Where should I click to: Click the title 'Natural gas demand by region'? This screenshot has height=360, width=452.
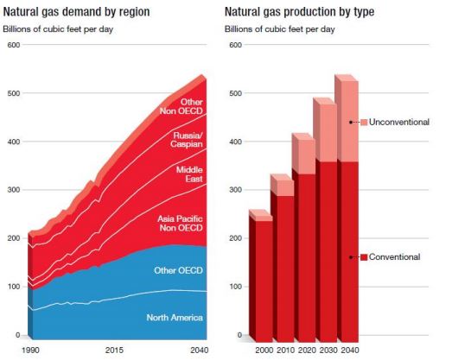coord(76,12)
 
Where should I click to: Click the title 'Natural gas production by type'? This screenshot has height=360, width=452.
coord(300,12)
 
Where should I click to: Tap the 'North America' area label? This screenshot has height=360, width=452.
coord(175,318)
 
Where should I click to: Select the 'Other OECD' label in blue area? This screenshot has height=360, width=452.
coord(178,270)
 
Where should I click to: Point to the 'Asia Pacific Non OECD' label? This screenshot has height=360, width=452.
coord(180,224)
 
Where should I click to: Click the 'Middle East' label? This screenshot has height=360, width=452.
coord(189,174)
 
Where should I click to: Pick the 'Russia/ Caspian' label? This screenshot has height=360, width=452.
coord(187,140)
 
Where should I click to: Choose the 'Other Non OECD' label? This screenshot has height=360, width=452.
coord(181,106)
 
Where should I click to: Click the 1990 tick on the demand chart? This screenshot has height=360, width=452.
coord(30,351)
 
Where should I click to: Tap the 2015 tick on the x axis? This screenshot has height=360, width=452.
coord(114,351)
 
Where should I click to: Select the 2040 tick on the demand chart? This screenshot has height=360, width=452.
coord(199,351)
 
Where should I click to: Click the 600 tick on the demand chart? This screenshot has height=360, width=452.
coord(14,45)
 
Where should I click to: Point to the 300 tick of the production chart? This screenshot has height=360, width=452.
coord(236,190)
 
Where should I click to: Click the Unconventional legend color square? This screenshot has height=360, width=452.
coord(364,122)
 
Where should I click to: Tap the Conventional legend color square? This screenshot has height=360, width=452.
coord(364,257)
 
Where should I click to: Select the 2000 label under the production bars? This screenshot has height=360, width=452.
coord(264,351)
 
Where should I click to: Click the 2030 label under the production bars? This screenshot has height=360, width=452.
coord(328,351)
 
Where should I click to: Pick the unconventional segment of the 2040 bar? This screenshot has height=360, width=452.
coord(350,122)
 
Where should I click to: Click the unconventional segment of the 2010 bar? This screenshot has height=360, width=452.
coord(285,188)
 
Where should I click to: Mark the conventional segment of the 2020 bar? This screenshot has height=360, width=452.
coord(307,258)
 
